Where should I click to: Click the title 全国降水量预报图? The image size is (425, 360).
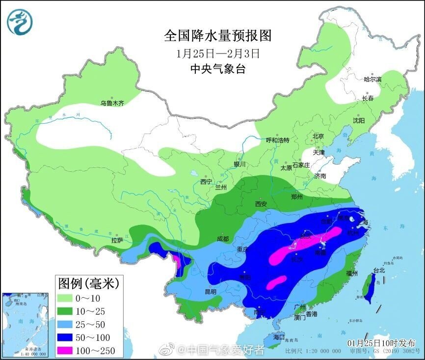[217, 36]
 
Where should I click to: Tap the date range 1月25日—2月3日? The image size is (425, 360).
[217, 53]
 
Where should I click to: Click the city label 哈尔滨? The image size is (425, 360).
[372, 79]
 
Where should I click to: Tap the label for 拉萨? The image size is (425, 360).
[117, 241]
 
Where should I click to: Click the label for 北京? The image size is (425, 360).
[319, 137]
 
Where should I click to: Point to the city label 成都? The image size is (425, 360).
[222, 239]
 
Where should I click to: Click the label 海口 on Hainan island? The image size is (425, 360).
[279, 337]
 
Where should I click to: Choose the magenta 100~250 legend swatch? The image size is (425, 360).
[69, 351]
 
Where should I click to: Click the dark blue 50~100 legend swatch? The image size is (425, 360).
[69, 337]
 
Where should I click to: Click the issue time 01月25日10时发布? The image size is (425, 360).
[381, 342]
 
